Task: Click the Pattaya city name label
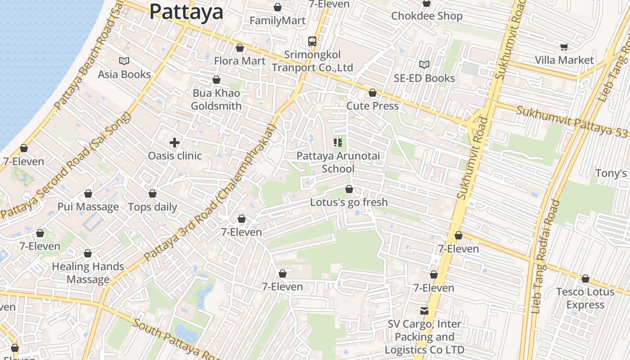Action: click(x=186, y=12)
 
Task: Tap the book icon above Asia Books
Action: click(x=124, y=61)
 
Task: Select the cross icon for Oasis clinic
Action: click(x=175, y=143)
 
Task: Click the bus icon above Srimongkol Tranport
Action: click(x=312, y=41)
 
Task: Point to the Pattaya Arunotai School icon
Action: click(x=338, y=143)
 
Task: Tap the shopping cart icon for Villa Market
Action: click(x=564, y=47)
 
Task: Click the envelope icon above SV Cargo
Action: click(x=424, y=311)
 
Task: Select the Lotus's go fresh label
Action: click(x=349, y=202)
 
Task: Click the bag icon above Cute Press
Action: click(x=373, y=93)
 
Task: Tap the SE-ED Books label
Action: click(x=424, y=78)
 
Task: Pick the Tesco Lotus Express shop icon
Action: click(x=585, y=279)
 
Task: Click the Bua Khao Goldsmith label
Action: click(x=216, y=99)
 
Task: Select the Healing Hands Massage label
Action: click(x=88, y=273)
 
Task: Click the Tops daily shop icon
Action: click(x=153, y=194)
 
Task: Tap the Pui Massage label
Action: click(x=88, y=207)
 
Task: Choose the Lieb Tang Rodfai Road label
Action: click(x=545, y=256)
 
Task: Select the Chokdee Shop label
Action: click(x=427, y=16)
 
